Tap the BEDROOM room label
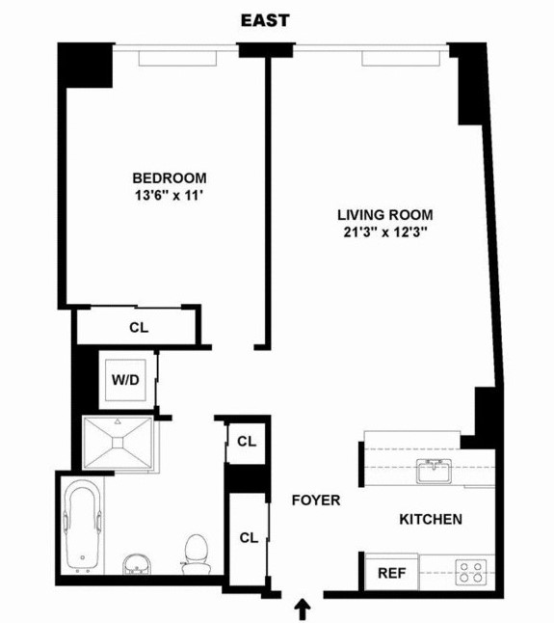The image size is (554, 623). (170, 177)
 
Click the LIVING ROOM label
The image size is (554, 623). (384, 214)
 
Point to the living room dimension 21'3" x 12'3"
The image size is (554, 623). (384, 232)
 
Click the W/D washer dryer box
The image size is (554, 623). (125, 379)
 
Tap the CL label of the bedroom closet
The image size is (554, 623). (139, 327)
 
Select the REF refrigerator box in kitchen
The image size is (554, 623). (390, 572)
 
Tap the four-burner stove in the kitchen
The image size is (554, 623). (469, 571)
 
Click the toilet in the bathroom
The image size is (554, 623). (197, 552)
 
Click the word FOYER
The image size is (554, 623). (315, 501)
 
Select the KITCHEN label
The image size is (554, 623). (431, 519)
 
